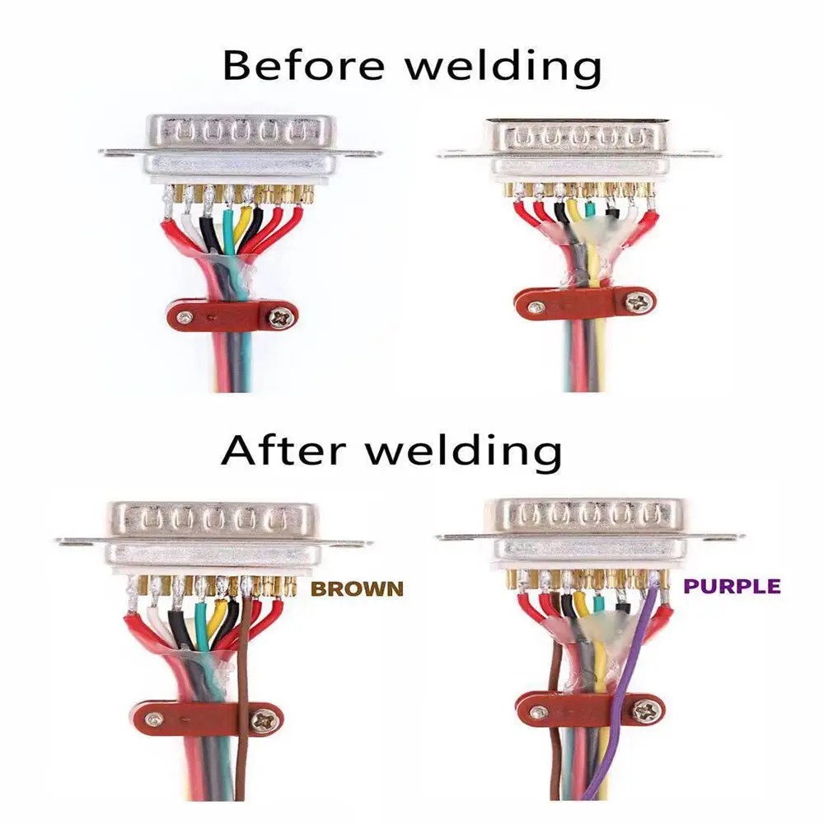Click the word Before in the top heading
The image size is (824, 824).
click(x=303, y=65)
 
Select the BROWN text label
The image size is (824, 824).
click(x=358, y=588)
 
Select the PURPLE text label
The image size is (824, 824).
click(x=732, y=586)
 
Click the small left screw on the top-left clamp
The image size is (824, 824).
click(x=185, y=317)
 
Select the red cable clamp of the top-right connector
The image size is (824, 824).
click(x=583, y=303)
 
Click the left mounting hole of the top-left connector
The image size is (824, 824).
click(x=110, y=153)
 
